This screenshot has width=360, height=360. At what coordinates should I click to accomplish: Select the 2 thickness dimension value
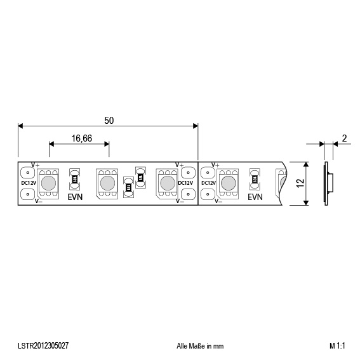coord(343,138)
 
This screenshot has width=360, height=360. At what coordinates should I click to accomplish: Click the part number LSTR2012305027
coord(44,346)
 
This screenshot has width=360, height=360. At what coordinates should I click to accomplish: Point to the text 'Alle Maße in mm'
coord(200,346)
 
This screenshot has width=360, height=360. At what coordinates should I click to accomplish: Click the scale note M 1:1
coord(337,346)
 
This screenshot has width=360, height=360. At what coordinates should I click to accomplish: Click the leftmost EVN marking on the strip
coord(76,197)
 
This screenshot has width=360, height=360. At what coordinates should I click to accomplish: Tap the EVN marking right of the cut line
coord(255,197)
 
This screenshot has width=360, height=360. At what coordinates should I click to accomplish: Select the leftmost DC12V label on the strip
coord(28,183)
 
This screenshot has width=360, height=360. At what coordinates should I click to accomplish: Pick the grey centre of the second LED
coord(107,183)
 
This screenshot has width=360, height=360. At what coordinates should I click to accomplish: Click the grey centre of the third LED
coord(167,183)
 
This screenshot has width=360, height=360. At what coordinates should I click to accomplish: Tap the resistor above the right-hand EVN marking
coord(255,177)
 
